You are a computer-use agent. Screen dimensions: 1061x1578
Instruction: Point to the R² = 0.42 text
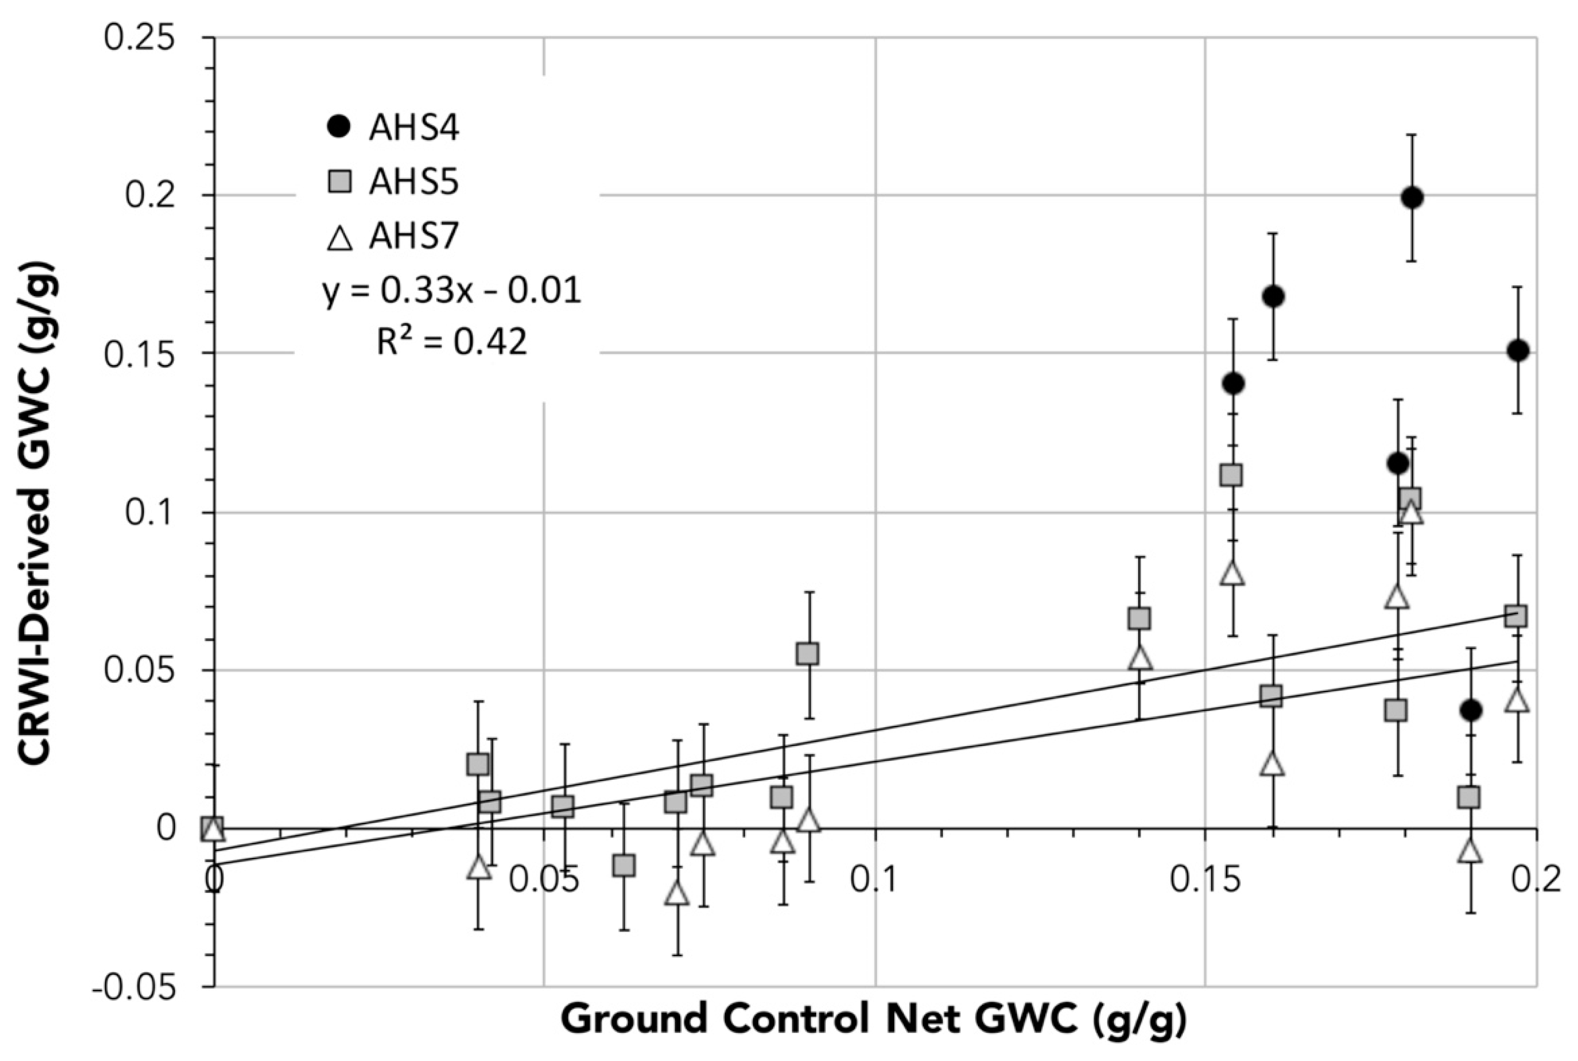click(x=452, y=343)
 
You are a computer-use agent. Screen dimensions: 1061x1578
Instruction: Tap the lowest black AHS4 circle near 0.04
click(x=1470, y=710)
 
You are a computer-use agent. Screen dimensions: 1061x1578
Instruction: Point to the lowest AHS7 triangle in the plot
click(x=676, y=894)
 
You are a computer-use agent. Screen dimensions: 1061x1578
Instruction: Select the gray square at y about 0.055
click(x=807, y=654)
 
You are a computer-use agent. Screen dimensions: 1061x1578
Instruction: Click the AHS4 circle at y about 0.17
click(x=1273, y=296)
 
